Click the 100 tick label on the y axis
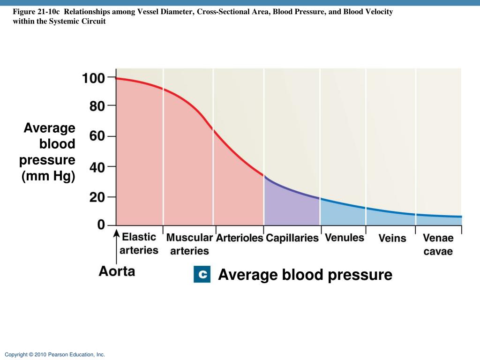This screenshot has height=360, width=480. [x=93, y=78]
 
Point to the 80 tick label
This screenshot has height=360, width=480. [x=97, y=106]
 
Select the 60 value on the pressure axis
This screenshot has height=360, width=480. [x=97, y=136]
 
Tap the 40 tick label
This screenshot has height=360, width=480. [x=97, y=167]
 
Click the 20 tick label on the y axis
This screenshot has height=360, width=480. [x=97, y=197]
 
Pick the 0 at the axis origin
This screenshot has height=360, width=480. [x=101, y=225]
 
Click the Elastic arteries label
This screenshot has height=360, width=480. [x=139, y=243]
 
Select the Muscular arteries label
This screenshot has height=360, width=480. [x=189, y=244]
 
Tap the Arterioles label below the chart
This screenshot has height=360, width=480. [x=240, y=238]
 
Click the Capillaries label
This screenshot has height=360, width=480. [x=292, y=238]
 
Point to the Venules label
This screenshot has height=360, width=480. [x=344, y=238]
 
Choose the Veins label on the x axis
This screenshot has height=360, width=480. [x=392, y=239]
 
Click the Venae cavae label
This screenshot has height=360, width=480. [x=438, y=245]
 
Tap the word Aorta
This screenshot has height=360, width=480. [x=117, y=271]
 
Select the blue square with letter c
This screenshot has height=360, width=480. [x=202, y=274]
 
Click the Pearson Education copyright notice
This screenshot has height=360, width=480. [x=55, y=355]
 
